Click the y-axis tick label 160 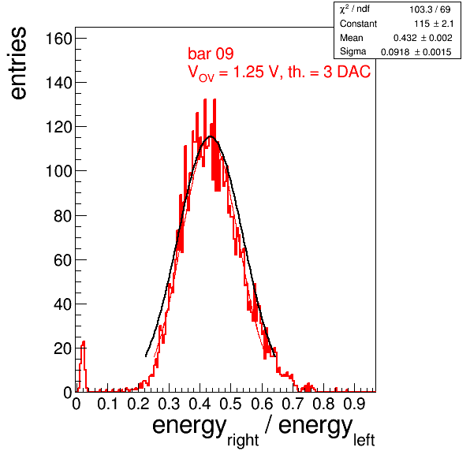click(58, 39)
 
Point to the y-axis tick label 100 click(58, 171)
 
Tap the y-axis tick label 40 click(63, 304)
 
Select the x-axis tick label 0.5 click(230, 404)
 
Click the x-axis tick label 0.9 click(354, 404)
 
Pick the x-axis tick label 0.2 click(138, 404)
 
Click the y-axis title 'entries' click(19, 63)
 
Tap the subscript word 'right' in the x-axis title click(243, 440)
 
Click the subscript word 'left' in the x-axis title click(364, 440)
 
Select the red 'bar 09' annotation click(211, 54)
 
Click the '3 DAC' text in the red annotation click(347, 72)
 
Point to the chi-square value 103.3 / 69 click(430, 9)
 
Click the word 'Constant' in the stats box click(358, 24)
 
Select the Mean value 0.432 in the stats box click(405, 38)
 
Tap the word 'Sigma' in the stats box click(352, 51)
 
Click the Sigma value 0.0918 click(395, 52)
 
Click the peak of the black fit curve click(211, 136)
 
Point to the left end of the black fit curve click(146, 356)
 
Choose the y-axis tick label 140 click(58, 83)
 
